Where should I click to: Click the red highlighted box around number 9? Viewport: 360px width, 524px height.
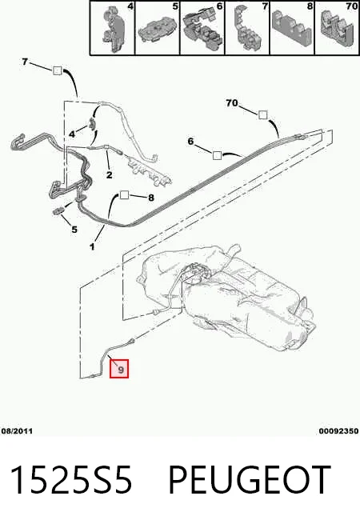click(119, 369)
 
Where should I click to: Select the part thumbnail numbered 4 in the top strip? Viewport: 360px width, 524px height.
click(113, 28)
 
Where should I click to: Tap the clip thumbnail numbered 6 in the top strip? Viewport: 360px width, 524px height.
click(202, 28)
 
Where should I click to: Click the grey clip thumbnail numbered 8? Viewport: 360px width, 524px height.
click(292, 28)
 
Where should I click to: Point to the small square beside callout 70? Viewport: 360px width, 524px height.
click(263, 114)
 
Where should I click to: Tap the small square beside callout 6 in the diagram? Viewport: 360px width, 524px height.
click(217, 155)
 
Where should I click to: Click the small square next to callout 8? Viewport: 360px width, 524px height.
click(124, 195)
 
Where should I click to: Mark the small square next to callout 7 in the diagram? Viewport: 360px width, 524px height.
click(58, 70)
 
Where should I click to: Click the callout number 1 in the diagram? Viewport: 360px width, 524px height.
click(92, 247)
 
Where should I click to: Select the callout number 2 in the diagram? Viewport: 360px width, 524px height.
click(110, 174)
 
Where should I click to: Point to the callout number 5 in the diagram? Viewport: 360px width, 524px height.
click(74, 230)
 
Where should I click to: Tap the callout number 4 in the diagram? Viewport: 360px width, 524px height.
click(72, 134)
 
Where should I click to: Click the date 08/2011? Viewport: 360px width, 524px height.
click(17, 431)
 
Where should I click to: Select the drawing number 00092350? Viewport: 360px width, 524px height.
click(338, 431)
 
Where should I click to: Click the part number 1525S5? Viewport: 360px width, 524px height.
click(71, 480)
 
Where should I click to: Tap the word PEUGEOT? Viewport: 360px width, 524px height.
click(250, 480)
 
